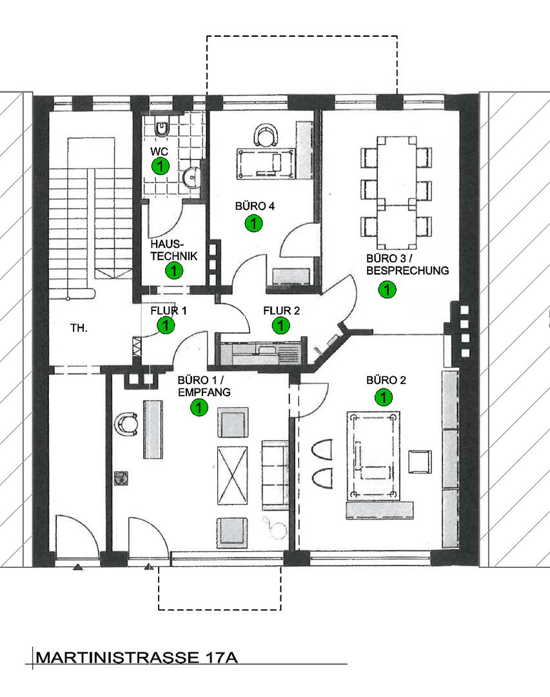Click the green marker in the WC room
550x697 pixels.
[x=161, y=167]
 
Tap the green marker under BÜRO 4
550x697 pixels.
[x=253, y=223]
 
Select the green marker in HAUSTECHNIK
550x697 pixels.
[x=173, y=270]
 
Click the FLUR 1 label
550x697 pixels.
[x=168, y=310]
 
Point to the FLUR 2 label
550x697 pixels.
[x=281, y=310]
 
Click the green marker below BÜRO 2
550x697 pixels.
[x=384, y=398]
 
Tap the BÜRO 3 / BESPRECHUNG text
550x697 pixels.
[x=408, y=265]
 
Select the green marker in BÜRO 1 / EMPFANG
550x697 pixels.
[x=199, y=407]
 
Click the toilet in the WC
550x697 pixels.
[x=162, y=127]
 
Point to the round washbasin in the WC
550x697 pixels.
[x=192, y=178]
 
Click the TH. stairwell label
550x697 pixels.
[x=79, y=328]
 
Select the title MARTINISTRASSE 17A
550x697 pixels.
[x=137, y=658]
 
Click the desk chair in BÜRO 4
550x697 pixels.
[x=266, y=135]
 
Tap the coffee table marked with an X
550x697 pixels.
[x=232, y=476]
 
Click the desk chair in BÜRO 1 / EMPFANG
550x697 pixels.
[x=125, y=425]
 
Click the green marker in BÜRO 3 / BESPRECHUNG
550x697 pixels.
[x=387, y=290]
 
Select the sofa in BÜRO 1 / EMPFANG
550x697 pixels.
[x=275, y=475]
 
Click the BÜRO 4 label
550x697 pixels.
[x=255, y=207]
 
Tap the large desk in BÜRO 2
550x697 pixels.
[x=373, y=456]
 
